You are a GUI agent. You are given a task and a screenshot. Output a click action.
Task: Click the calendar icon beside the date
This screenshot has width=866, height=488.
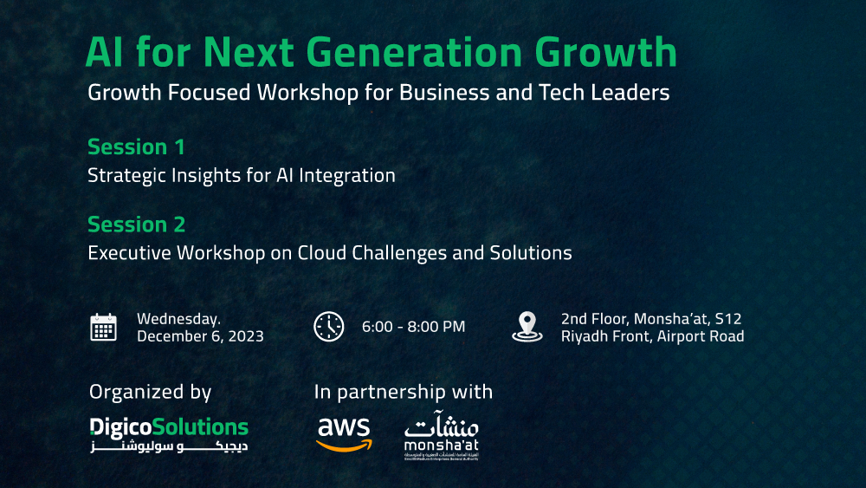(103, 327)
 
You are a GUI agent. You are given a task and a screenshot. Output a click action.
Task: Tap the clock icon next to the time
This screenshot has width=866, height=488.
(328, 327)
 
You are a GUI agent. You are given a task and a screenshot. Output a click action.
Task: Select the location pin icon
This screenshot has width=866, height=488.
(527, 327)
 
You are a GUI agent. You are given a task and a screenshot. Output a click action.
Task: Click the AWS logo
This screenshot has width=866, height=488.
(344, 433)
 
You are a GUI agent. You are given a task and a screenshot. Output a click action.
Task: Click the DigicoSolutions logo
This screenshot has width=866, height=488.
(169, 434)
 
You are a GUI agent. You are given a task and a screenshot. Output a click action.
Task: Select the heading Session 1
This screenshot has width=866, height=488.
(136, 146)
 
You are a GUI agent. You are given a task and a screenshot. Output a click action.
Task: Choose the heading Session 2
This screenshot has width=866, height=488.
(136, 224)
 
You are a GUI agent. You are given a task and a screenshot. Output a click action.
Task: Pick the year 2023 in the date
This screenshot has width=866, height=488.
(244, 336)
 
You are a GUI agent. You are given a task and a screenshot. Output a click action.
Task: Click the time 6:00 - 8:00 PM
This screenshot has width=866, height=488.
(413, 327)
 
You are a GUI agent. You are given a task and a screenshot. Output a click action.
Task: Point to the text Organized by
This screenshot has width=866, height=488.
(150, 392)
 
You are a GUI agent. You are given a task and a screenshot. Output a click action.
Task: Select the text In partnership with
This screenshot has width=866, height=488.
(403, 392)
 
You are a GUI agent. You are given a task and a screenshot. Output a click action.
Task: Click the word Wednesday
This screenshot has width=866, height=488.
(178, 318)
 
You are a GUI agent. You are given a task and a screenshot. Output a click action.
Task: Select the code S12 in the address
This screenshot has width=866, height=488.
(727, 319)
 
